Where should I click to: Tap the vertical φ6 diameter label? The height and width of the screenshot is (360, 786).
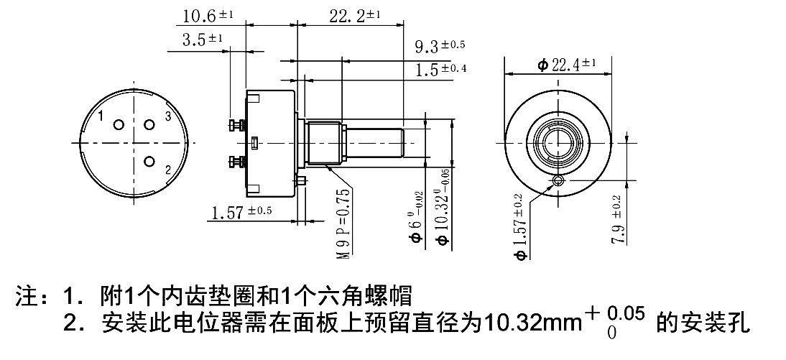point(416,223)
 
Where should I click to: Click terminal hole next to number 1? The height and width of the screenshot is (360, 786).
point(117,124)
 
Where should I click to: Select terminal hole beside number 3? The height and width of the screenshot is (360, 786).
point(149,124)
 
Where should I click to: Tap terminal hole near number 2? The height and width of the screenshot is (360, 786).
point(149,161)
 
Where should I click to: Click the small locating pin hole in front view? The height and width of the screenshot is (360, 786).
point(559,181)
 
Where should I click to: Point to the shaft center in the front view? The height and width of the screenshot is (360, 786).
point(559,143)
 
